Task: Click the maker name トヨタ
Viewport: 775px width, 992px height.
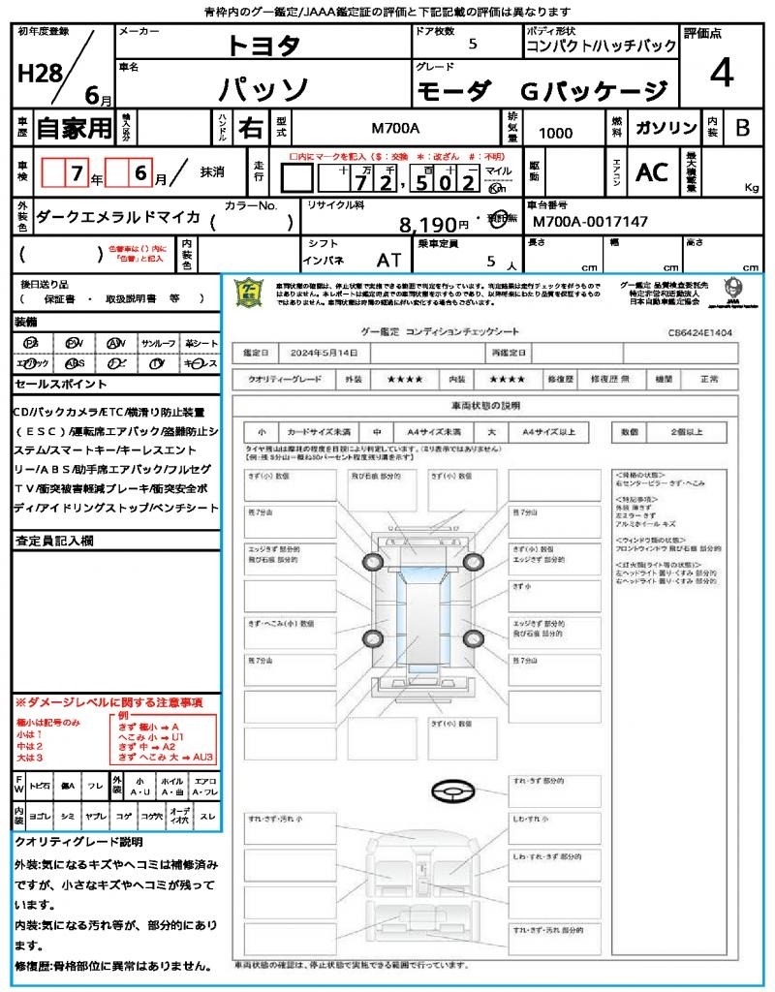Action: (263, 45)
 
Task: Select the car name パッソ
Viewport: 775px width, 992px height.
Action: (263, 90)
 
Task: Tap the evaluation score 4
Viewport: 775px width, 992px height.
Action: (720, 74)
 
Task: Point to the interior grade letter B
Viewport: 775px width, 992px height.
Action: (742, 127)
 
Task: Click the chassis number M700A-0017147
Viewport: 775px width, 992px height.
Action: (590, 222)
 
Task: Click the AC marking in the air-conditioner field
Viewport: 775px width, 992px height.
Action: (652, 172)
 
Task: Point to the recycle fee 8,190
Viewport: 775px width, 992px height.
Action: (427, 225)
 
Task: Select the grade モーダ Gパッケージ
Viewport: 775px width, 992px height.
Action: (542, 91)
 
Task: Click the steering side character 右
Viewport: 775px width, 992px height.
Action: (250, 128)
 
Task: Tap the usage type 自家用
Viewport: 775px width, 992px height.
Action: (74, 128)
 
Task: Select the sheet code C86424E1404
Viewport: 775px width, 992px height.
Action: (699, 332)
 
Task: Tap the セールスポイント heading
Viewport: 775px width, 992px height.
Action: (53, 385)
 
